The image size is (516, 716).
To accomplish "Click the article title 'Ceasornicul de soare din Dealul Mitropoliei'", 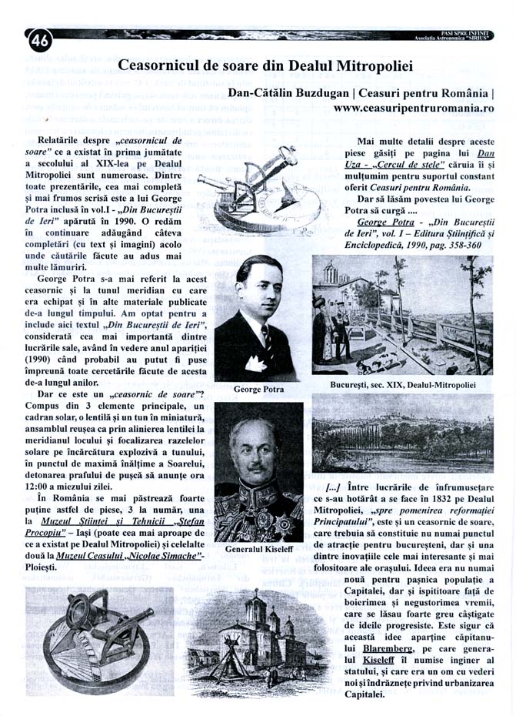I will point(265,65).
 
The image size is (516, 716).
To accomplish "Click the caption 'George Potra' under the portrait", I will point(258,390).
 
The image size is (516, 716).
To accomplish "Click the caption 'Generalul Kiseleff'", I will point(258,550).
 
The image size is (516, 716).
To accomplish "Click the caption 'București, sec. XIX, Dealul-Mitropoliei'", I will point(401,383).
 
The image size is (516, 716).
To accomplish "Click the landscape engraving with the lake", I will point(401,433).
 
